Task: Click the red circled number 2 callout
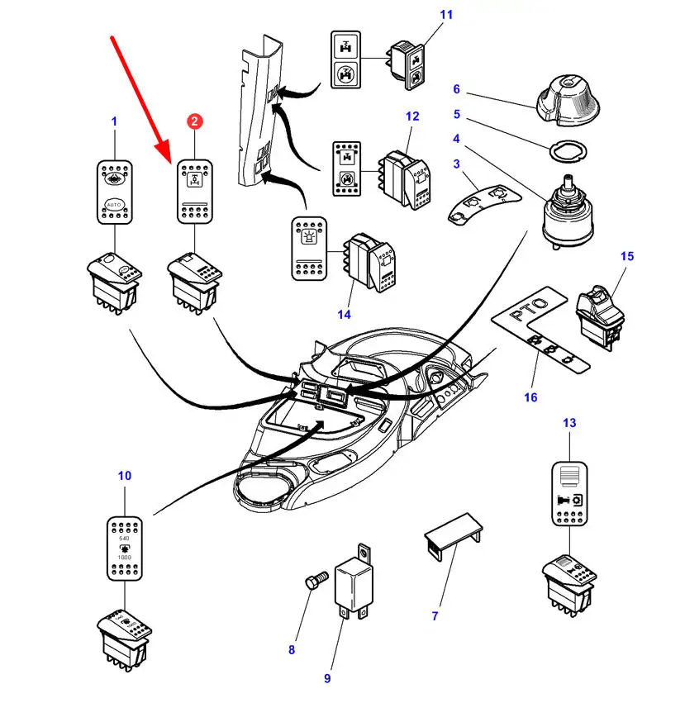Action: pyautogui.click(x=194, y=121)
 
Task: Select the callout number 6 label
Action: pyautogui.click(x=454, y=89)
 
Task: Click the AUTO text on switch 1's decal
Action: pyautogui.click(x=114, y=202)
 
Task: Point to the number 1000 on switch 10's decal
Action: pyautogui.click(x=125, y=558)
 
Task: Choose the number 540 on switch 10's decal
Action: pyautogui.click(x=125, y=538)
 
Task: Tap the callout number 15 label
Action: pyautogui.click(x=627, y=256)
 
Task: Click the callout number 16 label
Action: pyautogui.click(x=530, y=397)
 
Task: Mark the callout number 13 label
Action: pyautogui.click(x=570, y=423)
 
